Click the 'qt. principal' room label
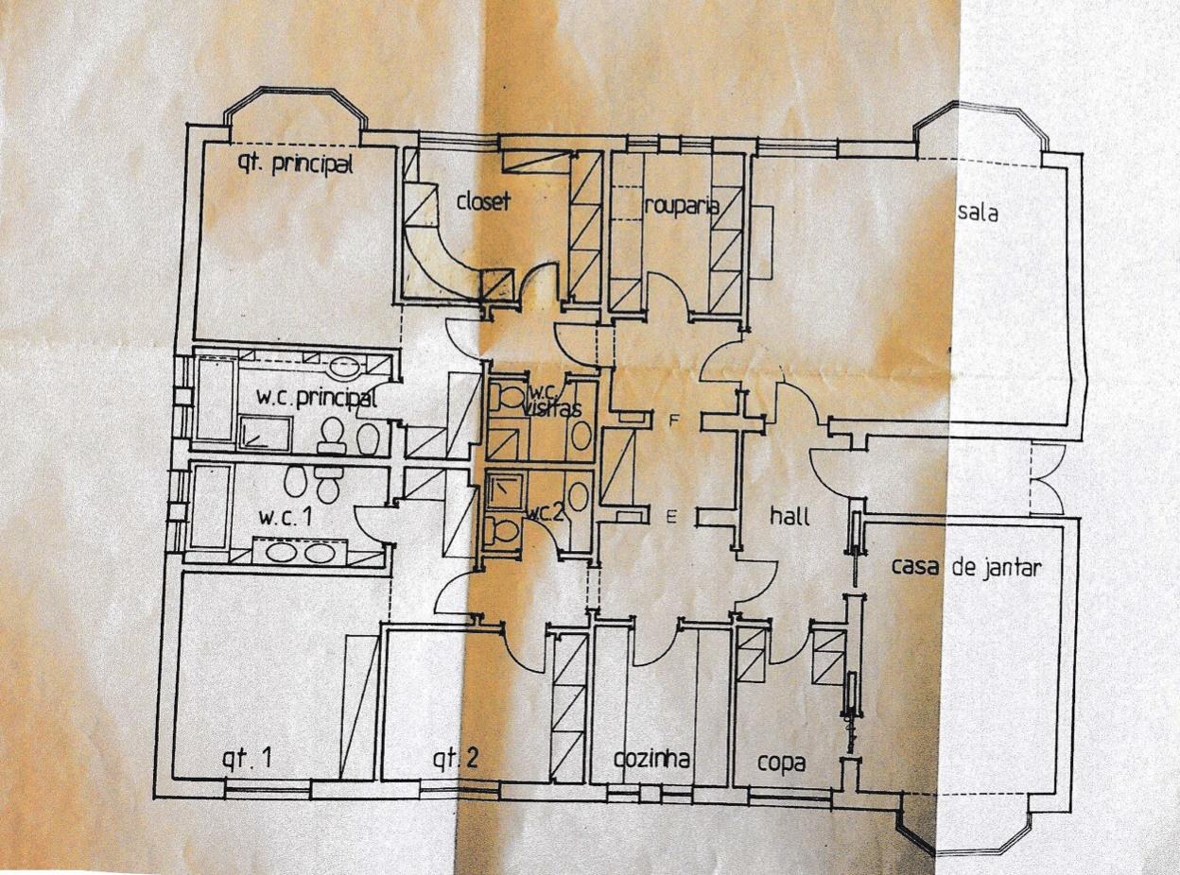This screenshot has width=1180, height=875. point(293,165)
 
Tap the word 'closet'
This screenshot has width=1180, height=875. point(483,200)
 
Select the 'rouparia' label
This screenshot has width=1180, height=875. point(682,205)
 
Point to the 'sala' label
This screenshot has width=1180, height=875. point(978,213)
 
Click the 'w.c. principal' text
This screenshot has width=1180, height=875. point(317,399)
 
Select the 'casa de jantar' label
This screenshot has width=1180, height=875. point(966,568)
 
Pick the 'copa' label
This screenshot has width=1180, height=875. point(781,763)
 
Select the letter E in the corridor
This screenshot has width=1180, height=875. point(671,516)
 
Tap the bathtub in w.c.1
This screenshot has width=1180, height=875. point(210,511)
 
